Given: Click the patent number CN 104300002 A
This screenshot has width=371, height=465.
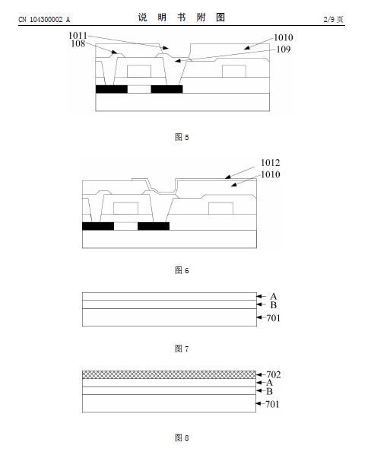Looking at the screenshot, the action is point(44,20).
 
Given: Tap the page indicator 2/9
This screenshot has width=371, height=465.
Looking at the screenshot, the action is point(329,20).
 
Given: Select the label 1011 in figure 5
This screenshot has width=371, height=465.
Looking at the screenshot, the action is point(78,36).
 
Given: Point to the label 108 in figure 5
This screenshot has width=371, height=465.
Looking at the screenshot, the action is point(78,43).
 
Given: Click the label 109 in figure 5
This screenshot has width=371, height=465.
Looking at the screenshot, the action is point(284,49).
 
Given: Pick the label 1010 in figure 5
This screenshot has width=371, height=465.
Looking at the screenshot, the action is point(284,37).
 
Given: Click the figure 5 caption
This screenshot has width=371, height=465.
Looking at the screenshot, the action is point(182,137).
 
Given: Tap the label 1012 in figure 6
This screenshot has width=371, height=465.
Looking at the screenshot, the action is point(270,163).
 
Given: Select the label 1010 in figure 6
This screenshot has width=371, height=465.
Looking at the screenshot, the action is point(270,174).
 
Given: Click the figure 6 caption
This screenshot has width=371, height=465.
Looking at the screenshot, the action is point(182,270).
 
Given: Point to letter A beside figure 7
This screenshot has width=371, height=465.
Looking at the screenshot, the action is point(273,296).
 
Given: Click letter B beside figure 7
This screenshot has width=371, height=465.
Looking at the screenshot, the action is point(273,305).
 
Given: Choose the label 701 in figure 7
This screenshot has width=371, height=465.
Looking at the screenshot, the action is point(273,318).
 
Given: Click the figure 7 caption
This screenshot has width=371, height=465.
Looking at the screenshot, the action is point(182,349).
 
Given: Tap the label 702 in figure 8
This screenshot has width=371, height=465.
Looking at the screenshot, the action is point(273,374).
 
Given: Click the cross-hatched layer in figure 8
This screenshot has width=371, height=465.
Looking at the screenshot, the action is point(170,374).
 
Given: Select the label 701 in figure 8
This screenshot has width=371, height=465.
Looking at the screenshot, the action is point(272,404).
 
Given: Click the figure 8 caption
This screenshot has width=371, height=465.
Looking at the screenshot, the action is point(182,438).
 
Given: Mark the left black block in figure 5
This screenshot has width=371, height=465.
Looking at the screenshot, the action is point(112,89).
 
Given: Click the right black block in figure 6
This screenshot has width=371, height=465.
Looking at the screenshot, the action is point(154,226).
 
